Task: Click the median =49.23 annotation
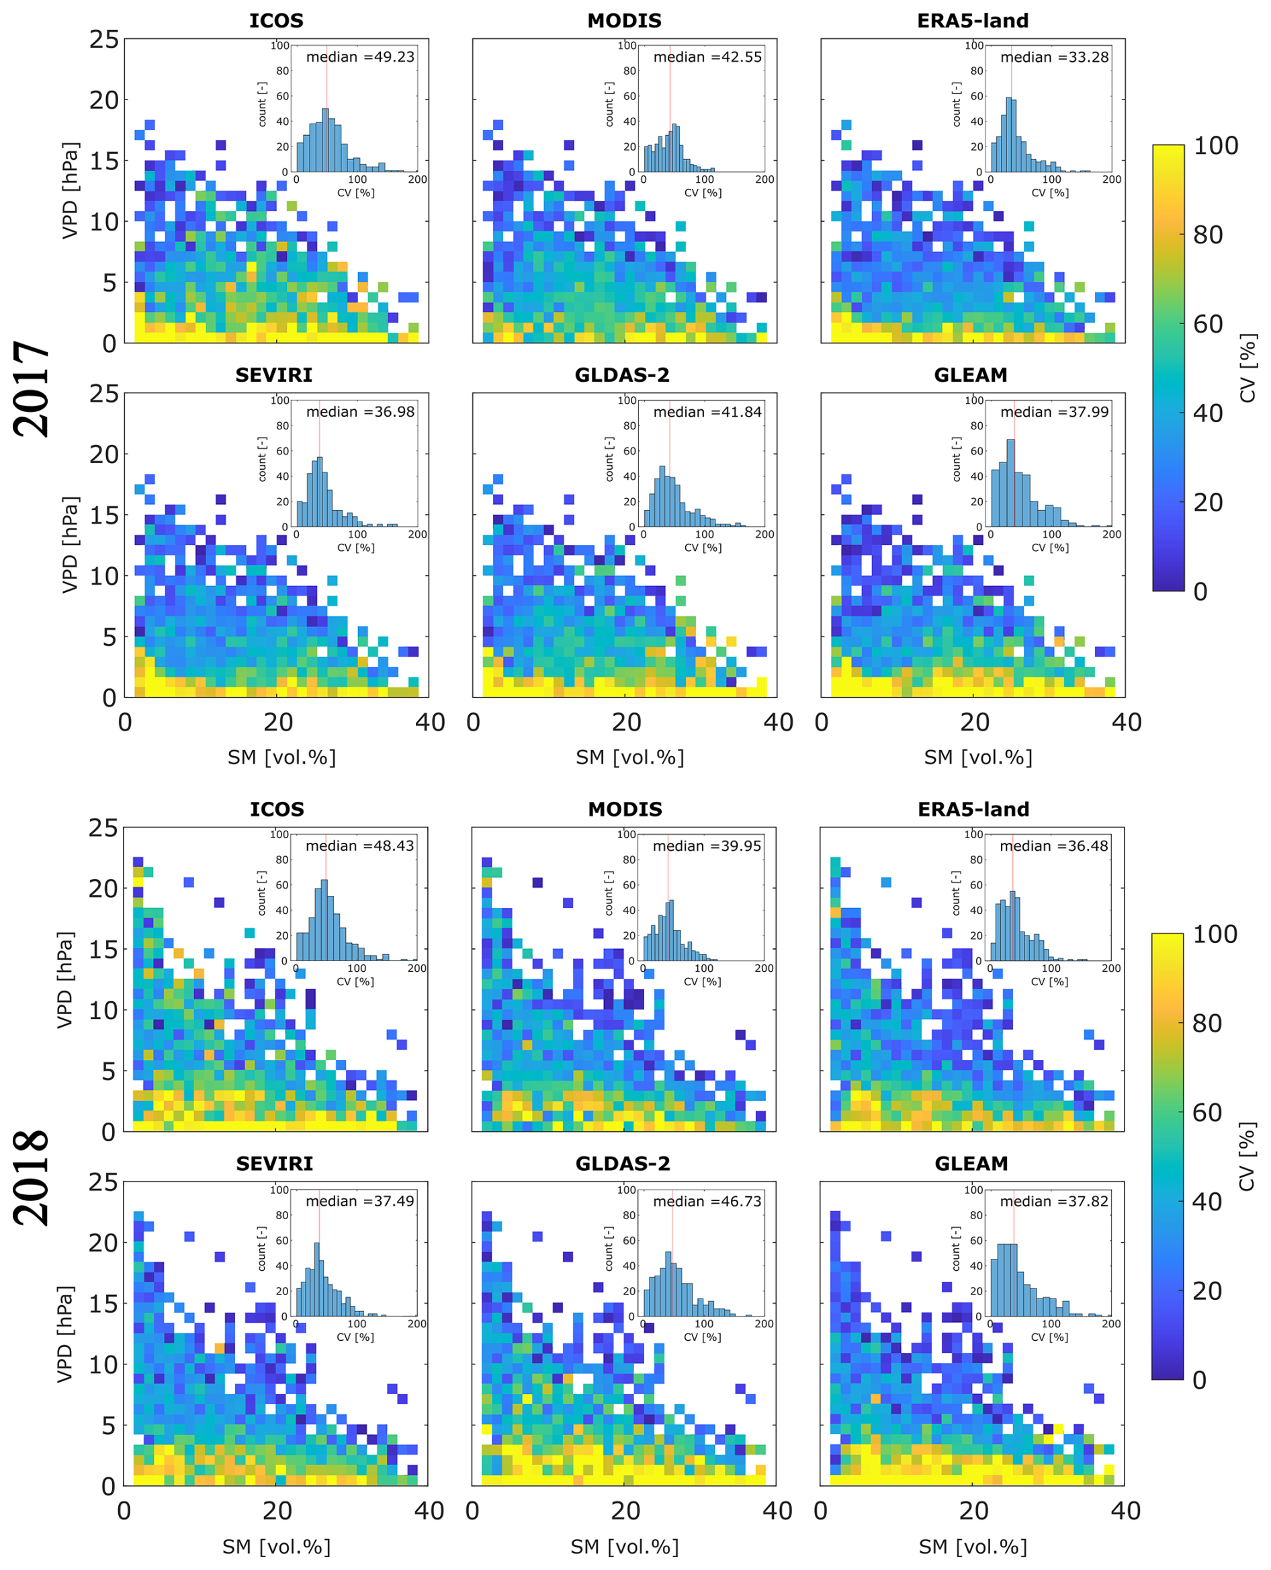[x=359, y=57]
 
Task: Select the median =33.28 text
[x=1054, y=57]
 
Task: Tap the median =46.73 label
[x=707, y=1201]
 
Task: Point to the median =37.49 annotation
[x=359, y=1201]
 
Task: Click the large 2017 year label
[x=32, y=389]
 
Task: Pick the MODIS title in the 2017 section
[x=624, y=21]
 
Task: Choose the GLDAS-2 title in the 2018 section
[x=622, y=1163]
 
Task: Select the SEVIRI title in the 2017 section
[x=274, y=375]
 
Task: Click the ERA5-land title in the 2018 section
[x=973, y=809]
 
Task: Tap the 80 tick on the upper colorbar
[x=1208, y=235]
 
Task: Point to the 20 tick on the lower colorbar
[x=1207, y=1290]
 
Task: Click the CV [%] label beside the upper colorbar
[x=1247, y=368]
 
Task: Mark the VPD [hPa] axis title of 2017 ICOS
[x=70, y=190]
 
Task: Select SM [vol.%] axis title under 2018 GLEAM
[x=973, y=1546]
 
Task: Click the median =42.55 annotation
[x=707, y=57]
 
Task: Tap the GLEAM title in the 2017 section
[x=971, y=375]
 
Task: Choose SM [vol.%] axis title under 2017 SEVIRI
[x=281, y=757]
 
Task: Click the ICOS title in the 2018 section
[x=277, y=809]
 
